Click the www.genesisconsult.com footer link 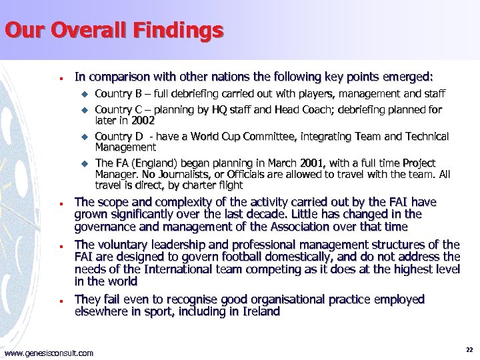(x=49, y=352)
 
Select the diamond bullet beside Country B (x=84, y=95)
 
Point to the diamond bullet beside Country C (x=84, y=110)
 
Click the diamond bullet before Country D (x=84, y=137)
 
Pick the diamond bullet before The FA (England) (x=84, y=163)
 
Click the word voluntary (x=122, y=245)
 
